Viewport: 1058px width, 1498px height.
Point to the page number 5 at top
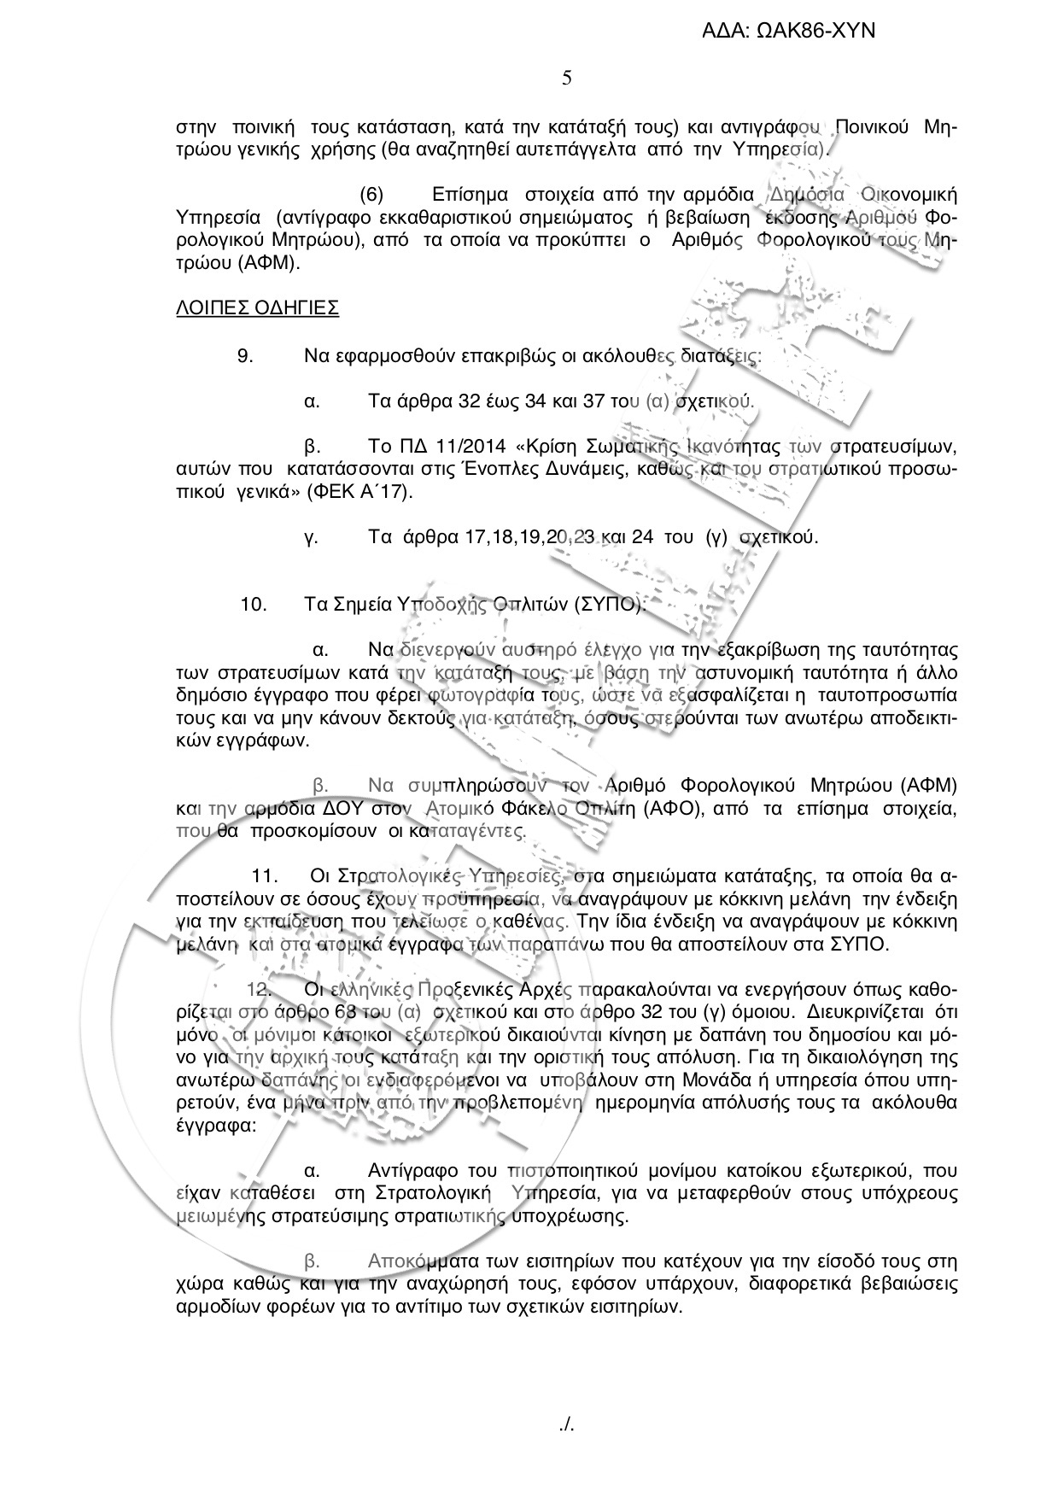click(567, 79)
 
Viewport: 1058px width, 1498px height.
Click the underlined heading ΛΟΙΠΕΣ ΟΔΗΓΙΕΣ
click(257, 308)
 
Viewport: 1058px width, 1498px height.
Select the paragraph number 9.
click(245, 356)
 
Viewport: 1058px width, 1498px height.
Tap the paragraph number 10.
click(254, 605)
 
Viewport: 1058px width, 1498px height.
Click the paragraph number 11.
click(266, 875)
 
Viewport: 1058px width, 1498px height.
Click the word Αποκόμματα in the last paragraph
click(418, 1261)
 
